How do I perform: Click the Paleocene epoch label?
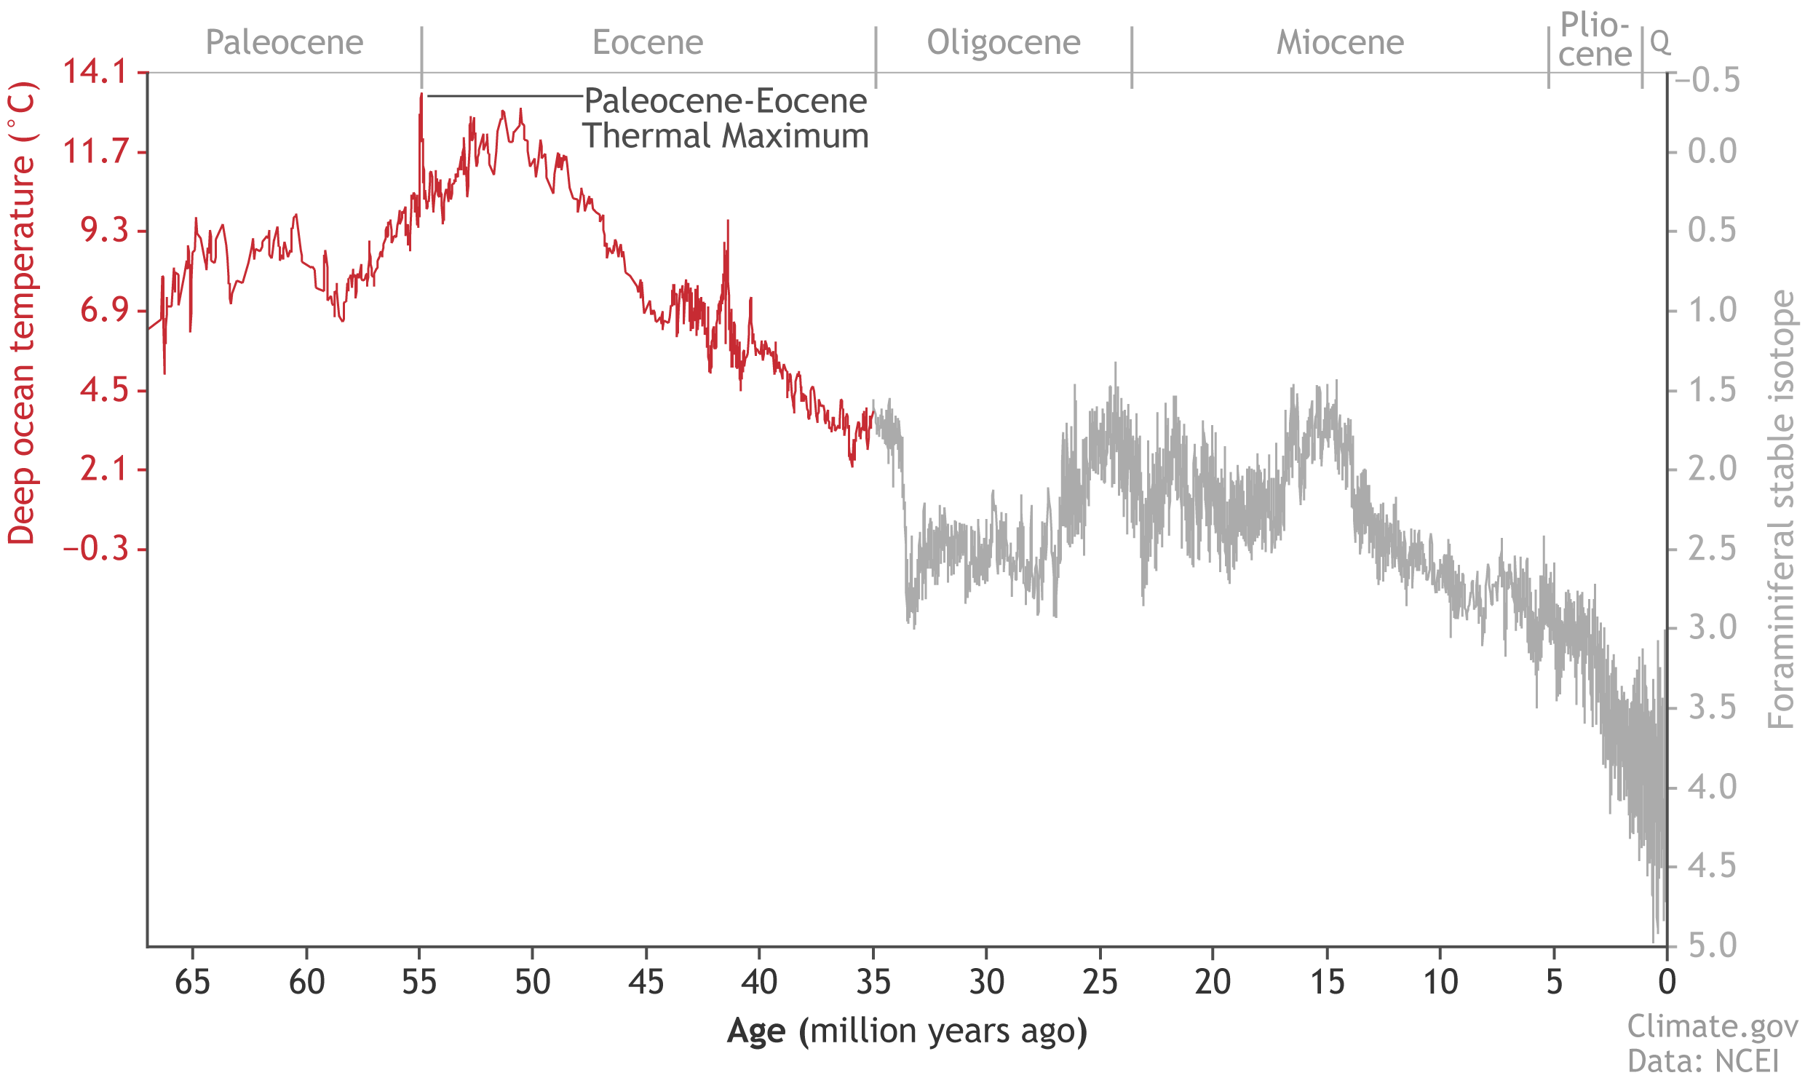[284, 42]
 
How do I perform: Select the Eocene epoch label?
[648, 42]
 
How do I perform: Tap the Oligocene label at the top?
[1003, 42]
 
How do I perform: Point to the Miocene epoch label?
[1340, 42]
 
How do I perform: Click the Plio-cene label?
[1594, 40]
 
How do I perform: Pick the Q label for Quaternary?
[1660, 42]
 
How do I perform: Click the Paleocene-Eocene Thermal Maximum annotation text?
[725, 119]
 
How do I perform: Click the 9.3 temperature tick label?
[103, 231]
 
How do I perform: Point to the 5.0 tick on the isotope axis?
[1712, 946]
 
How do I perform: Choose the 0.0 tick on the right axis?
[1712, 151]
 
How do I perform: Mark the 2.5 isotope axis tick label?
[1712, 549]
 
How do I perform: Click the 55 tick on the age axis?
[419, 982]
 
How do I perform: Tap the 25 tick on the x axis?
[1100, 982]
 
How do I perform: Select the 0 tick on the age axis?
[1667, 982]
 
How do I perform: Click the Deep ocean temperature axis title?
[22, 314]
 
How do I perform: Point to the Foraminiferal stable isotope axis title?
[1781, 510]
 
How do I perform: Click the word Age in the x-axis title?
[755, 1031]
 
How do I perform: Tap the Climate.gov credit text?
[1712, 1027]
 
